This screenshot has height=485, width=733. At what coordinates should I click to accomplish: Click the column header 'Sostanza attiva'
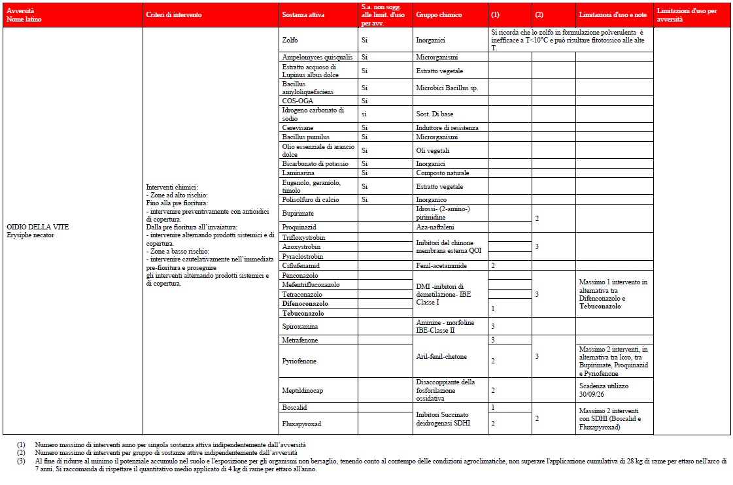300,14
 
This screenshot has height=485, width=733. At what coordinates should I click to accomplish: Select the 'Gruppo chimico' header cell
438,14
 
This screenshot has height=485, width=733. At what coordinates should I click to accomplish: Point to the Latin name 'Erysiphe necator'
31,234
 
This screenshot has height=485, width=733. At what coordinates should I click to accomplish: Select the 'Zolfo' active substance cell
289,39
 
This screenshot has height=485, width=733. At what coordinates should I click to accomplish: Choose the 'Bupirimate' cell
298,213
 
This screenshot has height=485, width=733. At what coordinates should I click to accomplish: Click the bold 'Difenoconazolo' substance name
305,303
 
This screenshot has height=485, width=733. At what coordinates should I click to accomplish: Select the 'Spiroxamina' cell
300,326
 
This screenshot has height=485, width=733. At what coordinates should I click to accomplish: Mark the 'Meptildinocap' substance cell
302,390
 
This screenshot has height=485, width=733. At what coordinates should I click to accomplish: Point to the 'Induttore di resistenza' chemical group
447,127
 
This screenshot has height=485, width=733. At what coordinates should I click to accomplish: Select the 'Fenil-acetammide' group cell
441,265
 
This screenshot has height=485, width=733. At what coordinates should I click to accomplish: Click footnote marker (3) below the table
22,460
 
